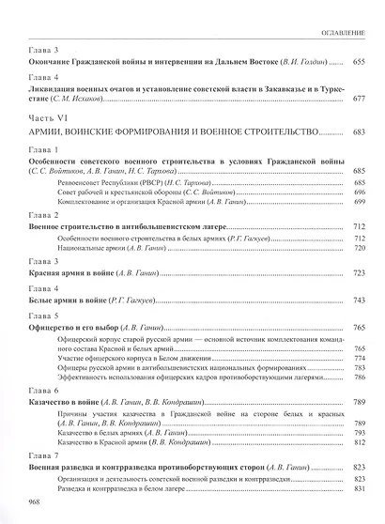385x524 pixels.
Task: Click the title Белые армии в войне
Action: pos(62,305)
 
